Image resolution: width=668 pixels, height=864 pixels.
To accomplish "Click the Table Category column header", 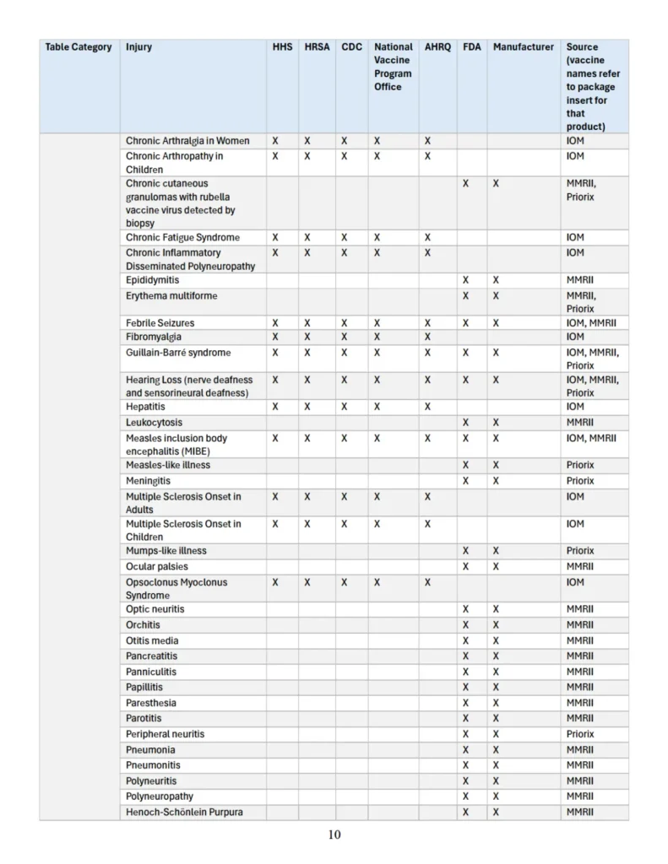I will pos(79,47).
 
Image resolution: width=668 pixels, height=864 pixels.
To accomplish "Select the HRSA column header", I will pos(317,47).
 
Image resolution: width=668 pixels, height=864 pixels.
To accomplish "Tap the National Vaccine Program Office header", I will pos(394,67).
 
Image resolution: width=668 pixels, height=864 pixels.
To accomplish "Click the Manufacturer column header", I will pos(524,47).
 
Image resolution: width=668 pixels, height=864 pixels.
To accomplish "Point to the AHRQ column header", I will pos(438,47).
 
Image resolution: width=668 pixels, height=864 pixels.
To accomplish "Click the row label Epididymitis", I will pos(153,280).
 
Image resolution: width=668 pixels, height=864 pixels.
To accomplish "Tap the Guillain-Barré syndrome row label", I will pos(178,353).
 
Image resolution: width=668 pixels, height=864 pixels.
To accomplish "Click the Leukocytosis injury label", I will pos(154,422).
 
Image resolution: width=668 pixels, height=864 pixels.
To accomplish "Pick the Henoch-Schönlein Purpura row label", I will pos(184,812).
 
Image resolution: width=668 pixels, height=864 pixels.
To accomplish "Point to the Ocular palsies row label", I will pos(157,566).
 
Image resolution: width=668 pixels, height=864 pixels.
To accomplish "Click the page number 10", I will pos(334,835).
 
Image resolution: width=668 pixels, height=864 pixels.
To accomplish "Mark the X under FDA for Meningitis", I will pos(465,481).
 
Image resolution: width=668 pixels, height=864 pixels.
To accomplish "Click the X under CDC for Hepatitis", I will pos(344,407).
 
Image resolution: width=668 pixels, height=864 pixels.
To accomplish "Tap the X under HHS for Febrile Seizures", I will pos(274,323).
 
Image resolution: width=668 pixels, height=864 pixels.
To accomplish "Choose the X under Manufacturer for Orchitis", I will pos(496,625).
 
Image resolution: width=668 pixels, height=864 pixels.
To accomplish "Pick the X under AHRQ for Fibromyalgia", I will pos(427,337).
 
